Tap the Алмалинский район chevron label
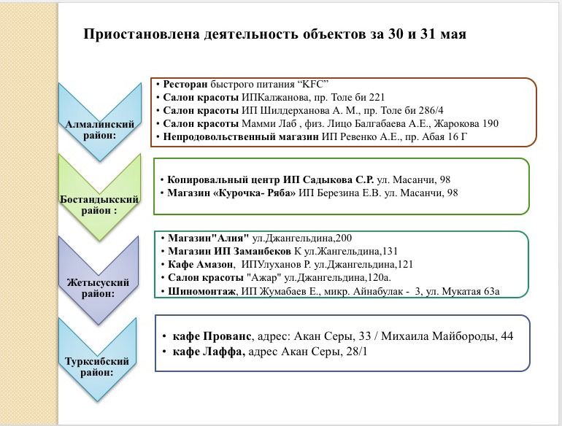click(x=100, y=130)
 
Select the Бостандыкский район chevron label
click(x=99, y=204)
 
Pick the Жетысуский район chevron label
click(x=98, y=287)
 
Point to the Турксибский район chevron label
click(x=97, y=366)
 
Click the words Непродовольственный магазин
click(x=241, y=137)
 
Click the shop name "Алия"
click(x=231, y=239)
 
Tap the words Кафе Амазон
click(x=201, y=264)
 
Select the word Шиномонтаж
click(x=201, y=291)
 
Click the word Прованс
click(x=227, y=336)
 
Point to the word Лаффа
click(x=223, y=352)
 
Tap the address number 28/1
click(x=357, y=352)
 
